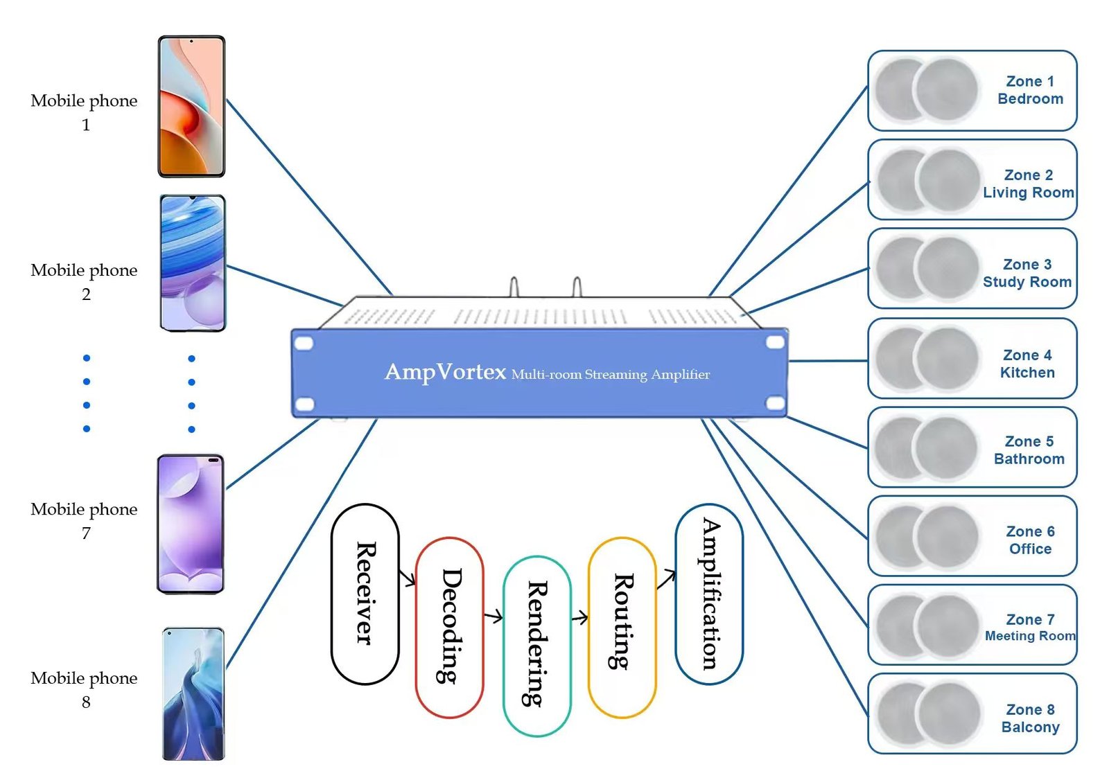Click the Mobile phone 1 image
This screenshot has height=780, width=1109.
point(191,107)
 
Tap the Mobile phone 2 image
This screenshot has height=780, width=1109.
point(193,263)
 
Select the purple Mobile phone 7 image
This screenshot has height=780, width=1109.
point(191,524)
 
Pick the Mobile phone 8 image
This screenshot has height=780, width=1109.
point(193,693)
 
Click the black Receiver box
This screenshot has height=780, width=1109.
point(365,594)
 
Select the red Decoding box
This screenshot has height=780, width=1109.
point(449,627)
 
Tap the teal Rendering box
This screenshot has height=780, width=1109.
point(536,645)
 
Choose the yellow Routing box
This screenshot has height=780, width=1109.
point(622,627)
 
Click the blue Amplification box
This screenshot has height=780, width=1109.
point(708,594)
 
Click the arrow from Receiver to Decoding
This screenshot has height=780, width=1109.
point(407,577)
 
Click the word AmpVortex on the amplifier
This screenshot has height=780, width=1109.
point(445,372)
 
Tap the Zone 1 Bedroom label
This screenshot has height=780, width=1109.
point(1030,90)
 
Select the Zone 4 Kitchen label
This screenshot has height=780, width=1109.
point(1027,364)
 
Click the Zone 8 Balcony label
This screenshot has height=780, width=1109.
point(1030,718)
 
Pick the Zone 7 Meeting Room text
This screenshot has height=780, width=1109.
point(1030,628)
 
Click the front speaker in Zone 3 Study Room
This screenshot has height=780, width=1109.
point(947,269)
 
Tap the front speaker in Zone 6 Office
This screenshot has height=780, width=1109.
point(947,536)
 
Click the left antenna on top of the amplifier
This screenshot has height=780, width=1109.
point(514,287)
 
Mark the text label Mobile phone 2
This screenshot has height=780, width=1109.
point(84,281)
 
